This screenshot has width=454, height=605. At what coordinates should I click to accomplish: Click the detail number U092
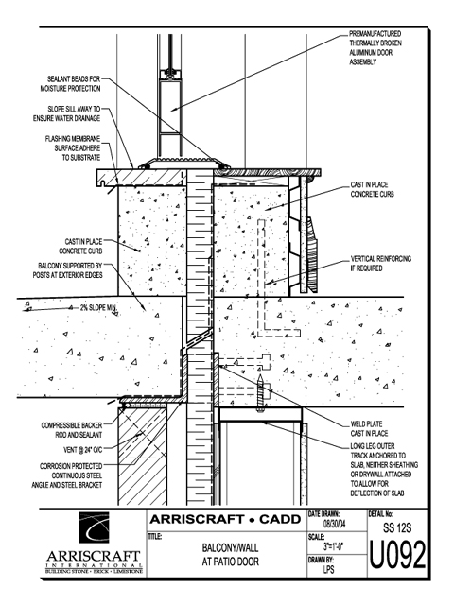tap(397, 555)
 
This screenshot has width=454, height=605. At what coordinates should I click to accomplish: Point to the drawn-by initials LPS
tap(328, 569)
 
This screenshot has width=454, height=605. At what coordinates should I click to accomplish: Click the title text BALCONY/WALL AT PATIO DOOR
tap(230, 555)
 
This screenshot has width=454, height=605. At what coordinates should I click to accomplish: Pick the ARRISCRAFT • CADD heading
tap(225, 519)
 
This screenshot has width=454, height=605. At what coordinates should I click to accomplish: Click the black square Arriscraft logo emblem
tap(94, 527)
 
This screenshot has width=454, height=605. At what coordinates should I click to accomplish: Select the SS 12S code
tap(397, 527)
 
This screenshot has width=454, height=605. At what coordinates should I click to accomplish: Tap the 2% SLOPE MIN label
tap(98, 308)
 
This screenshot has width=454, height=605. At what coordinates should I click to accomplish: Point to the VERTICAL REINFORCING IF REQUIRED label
tap(380, 263)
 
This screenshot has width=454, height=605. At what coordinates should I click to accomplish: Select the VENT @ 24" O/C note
tap(82, 450)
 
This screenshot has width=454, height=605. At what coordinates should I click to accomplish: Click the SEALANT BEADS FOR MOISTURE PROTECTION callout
tap(71, 84)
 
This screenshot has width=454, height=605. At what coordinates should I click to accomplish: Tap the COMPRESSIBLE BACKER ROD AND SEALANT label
tap(72, 430)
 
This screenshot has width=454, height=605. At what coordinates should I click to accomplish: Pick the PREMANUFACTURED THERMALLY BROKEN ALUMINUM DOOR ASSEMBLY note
tap(375, 48)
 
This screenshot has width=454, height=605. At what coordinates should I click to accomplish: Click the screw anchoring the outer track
tap(261, 392)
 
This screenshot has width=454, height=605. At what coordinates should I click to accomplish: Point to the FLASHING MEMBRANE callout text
tap(73, 148)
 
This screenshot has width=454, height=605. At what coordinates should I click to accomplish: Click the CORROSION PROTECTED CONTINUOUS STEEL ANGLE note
tap(67, 475)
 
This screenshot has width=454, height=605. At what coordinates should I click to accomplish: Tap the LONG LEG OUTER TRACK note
tap(384, 470)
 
